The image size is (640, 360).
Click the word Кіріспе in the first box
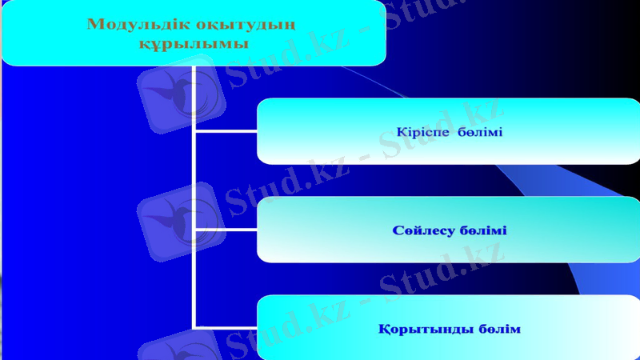pos(424,131)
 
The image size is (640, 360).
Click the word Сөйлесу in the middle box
pos(424,230)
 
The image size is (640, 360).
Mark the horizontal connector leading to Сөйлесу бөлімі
pos(226,230)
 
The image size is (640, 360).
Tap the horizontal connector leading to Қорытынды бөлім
pos(226,326)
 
